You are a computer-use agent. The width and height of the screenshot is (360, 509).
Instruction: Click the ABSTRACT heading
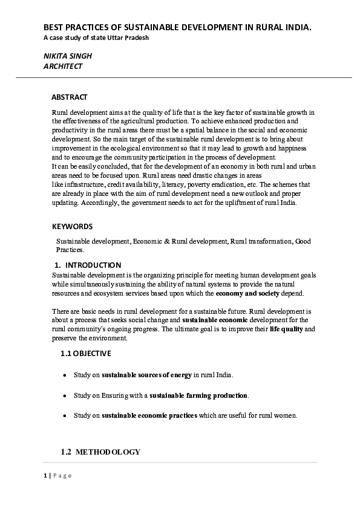click(69, 97)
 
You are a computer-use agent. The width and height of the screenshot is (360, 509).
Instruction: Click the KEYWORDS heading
click(72, 227)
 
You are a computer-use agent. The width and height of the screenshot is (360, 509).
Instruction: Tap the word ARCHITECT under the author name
click(63, 66)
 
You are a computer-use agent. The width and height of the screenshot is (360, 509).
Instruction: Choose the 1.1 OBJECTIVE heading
click(85, 354)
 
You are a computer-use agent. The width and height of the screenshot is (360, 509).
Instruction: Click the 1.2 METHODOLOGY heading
click(100, 452)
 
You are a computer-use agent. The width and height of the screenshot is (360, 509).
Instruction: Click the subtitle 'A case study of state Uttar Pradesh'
click(96, 38)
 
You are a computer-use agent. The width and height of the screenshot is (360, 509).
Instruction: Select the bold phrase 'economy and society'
click(247, 293)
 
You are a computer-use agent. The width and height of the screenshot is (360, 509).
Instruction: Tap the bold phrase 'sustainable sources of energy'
click(147, 375)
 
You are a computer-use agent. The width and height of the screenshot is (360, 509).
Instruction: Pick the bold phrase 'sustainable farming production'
click(198, 395)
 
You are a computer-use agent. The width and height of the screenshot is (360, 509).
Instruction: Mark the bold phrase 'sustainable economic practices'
click(149, 416)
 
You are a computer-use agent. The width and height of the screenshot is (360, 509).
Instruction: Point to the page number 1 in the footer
click(45, 476)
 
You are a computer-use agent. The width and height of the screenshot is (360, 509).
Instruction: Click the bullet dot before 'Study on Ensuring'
click(65, 396)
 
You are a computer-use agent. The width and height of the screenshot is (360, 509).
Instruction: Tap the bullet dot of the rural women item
click(65, 417)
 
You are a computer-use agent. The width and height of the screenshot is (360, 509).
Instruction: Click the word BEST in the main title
click(53, 28)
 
